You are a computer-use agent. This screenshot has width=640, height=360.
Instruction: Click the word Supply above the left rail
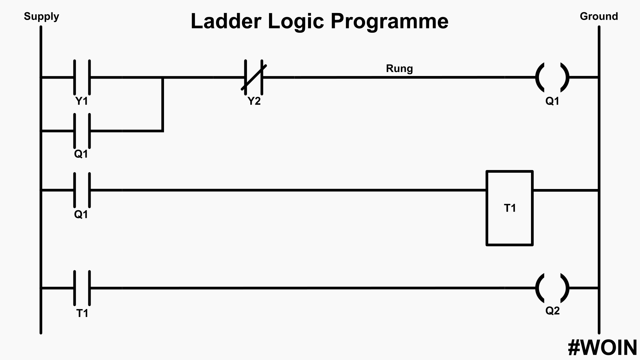coord(41,16)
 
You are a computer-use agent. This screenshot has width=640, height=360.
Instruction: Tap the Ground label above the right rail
coord(599,16)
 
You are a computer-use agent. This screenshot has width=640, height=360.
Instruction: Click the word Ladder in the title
coord(226,21)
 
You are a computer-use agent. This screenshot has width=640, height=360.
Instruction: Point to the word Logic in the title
coord(296,22)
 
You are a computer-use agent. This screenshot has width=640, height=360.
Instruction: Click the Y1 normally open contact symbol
coord(82,77)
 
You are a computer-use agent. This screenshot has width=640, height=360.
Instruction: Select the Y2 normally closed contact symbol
coord(254,77)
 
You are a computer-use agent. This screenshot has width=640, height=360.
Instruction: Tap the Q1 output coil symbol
coord(552,77)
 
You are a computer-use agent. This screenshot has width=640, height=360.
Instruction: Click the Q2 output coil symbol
coord(552,288)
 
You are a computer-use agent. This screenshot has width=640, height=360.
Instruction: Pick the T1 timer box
coord(510,208)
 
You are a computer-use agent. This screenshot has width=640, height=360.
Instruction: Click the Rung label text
coord(399,68)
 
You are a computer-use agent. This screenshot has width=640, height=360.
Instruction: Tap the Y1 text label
coord(82,101)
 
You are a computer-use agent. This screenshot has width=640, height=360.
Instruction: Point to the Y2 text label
coord(254,101)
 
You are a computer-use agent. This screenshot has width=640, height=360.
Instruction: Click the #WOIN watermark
coord(602,348)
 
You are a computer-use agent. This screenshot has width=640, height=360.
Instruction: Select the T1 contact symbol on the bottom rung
coord(82,288)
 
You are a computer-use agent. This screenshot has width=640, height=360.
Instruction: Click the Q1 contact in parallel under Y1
coord(82,131)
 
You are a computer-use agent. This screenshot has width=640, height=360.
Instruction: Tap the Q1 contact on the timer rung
coord(82,190)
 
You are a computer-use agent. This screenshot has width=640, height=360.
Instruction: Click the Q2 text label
coord(552,311)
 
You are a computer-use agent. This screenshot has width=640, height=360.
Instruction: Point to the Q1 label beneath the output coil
coord(552,101)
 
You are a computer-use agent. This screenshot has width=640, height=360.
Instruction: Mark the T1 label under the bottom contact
coord(82,313)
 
